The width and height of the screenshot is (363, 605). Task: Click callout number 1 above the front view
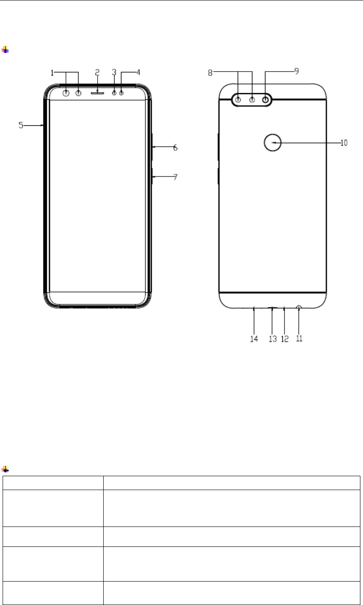pos(52,73)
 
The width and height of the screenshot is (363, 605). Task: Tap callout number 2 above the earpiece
pos(97,72)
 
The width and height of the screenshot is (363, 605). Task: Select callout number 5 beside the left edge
pos(21,125)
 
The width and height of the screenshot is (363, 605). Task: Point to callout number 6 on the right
pos(175,147)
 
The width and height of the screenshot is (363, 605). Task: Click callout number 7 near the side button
pos(175,177)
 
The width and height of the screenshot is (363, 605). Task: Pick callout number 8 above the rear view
pos(210,73)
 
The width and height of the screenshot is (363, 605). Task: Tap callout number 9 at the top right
pos(297,71)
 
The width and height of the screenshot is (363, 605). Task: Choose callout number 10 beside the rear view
pos(344,143)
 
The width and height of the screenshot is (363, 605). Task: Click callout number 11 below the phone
pos(299,338)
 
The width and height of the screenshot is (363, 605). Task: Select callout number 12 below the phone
pos(285,339)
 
